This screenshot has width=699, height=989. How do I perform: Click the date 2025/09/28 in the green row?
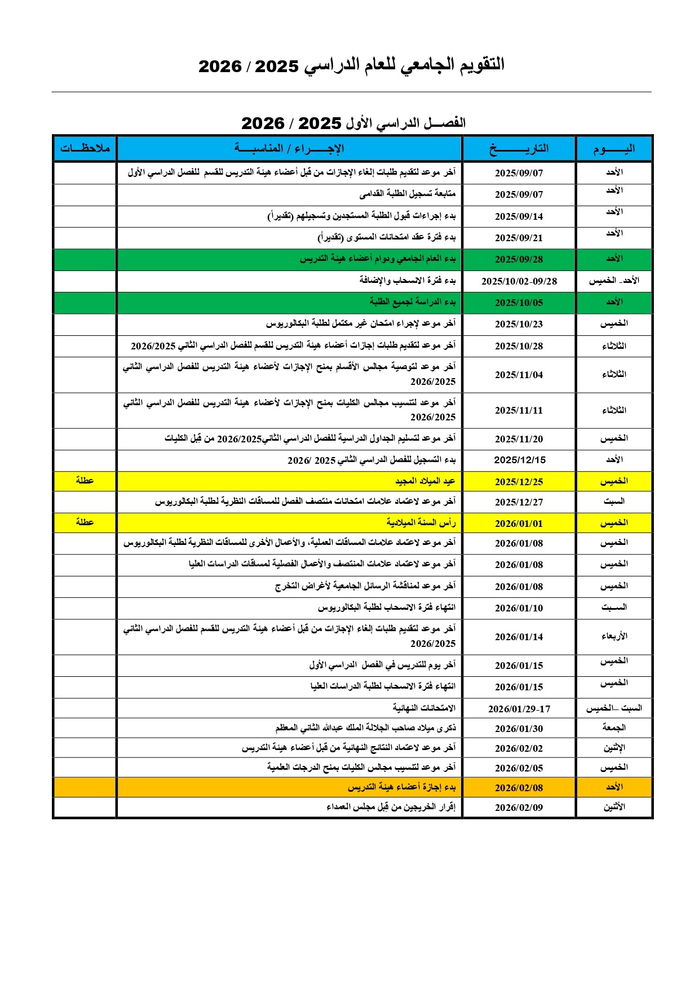[x=519, y=259]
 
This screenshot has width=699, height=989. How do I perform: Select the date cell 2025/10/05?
[x=519, y=303]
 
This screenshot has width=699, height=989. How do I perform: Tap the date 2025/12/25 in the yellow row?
[x=519, y=482]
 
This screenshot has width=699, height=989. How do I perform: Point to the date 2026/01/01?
[x=519, y=524]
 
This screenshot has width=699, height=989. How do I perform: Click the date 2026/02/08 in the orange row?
[x=519, y=788]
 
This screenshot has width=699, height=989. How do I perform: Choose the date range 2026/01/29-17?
[x=519, y=709]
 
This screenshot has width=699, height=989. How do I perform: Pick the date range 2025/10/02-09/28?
[x=519, y=281]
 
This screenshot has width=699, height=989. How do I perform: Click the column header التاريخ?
[x=519, y=149]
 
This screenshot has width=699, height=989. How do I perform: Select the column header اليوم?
[x=614, y=149]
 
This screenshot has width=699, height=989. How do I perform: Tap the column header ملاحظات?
[x=85, y=148]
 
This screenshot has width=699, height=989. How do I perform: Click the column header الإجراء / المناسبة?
[x=289, y=149]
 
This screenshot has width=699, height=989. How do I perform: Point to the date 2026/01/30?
[x=519, y=729]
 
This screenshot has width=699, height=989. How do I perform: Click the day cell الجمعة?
[x=614, y=728]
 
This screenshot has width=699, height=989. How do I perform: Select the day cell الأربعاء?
[x=614, y=636]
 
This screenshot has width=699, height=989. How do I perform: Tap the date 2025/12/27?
[x=519, y=502]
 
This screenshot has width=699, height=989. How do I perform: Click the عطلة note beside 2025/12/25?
[x=85, y=480]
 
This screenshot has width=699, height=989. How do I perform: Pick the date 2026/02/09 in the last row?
[x=519, y=808]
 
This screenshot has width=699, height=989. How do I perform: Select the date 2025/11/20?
[x=519, y=439]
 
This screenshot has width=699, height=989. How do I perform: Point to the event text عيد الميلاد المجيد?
[x=425, y=481]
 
